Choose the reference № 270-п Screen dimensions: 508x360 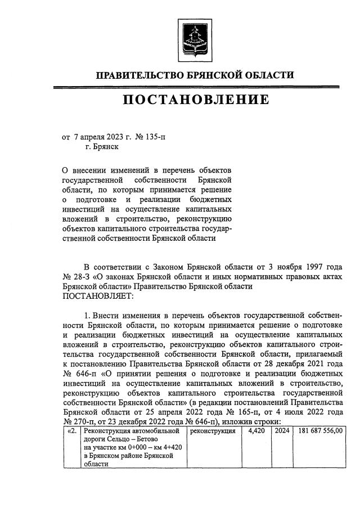click(78, 422)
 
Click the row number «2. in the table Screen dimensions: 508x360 click(71, 431)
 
